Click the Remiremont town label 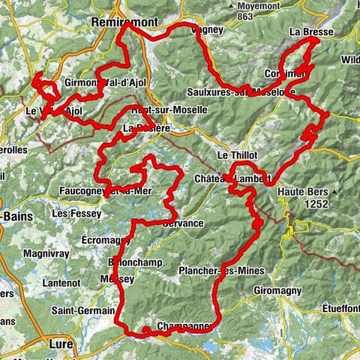123,22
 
